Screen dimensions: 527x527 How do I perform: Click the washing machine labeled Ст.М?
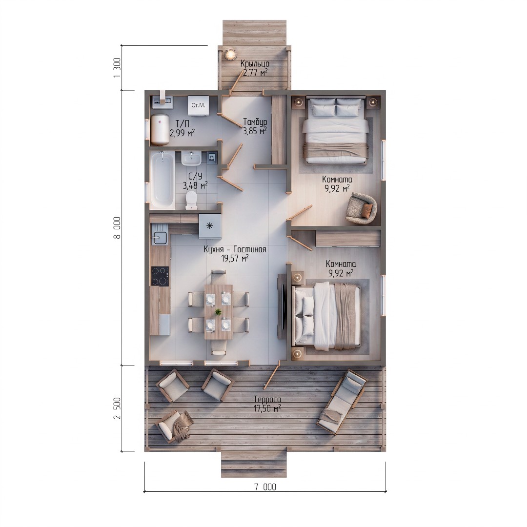(198, 106)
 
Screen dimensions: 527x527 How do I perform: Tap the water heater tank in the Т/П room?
(159, 129)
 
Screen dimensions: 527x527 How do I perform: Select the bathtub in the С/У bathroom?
(162, 179)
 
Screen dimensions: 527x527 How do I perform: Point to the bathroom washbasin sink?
(191, 158)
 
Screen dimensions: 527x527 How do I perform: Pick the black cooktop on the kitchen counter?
(160, 276)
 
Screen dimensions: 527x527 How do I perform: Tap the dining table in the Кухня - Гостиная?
(219, 312)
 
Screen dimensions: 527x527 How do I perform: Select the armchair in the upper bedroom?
(361, 208)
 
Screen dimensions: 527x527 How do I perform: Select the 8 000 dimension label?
(117, 228)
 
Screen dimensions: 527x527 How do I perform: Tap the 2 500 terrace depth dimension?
(117, 408)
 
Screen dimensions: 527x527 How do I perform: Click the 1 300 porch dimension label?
(117, 67)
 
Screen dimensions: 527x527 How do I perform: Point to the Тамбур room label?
(255, 122)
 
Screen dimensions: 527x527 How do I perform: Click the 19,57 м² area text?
(235, 258)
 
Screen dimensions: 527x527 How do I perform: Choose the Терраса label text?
(267, 400)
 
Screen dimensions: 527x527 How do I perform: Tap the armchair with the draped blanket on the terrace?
(174, 426)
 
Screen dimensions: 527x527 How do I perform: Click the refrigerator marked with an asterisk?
(210, 225)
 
